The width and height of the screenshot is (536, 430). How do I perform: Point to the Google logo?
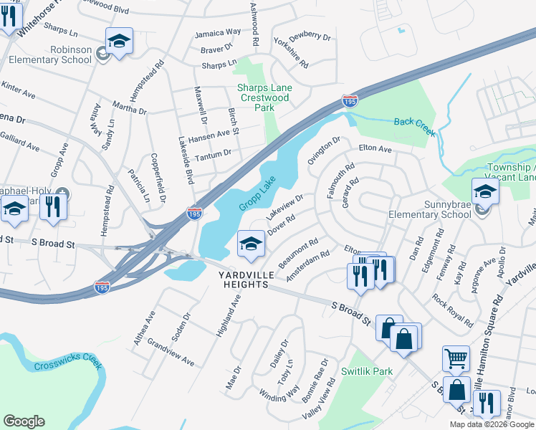[x=24, y=421]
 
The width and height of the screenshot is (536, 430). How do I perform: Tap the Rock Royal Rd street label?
[x=452, y=310]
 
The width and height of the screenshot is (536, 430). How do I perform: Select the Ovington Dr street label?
[x=324, y=151]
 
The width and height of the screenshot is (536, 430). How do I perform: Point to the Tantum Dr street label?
[x=213, y=153]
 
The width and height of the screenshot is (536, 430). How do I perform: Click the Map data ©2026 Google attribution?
[x=492, y=424]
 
